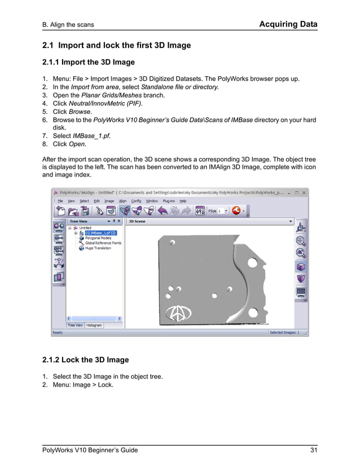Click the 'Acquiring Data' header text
[288, 24]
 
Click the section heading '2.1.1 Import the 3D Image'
[89, 62]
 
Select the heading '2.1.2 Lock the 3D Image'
[85, 359]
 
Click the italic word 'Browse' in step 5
[80, 112]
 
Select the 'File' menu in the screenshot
[60, 201]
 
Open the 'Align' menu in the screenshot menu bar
[122, 201]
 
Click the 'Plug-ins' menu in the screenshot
[169, 201]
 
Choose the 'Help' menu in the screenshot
[183, 201]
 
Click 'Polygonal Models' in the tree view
[98, 238]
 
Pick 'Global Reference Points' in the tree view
[103, 243]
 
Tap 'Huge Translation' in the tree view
[98, 248]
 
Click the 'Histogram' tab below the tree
[94, 326]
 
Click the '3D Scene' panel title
[137, 222]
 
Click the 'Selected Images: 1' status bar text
[284, 332]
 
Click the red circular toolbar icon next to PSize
[236, 210]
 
